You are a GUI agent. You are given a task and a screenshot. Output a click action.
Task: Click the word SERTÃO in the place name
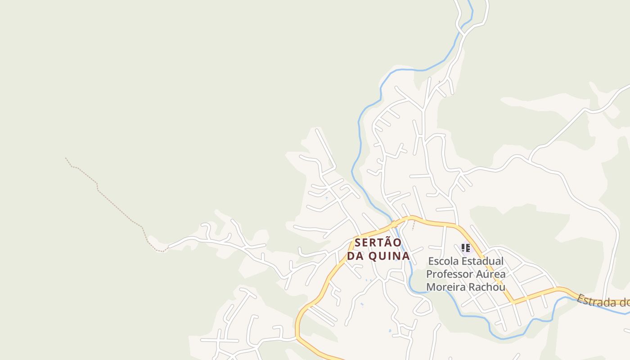click(378, 243)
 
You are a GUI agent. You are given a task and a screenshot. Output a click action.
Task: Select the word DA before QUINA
click(355, 256)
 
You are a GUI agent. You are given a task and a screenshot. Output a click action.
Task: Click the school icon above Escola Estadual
click(466, 247)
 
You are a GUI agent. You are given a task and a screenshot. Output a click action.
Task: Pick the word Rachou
click(488, 287)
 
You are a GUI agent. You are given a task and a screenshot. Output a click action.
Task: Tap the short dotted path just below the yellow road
click(414, 225)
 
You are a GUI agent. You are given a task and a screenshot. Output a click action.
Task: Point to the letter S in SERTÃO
click(358, 243)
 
